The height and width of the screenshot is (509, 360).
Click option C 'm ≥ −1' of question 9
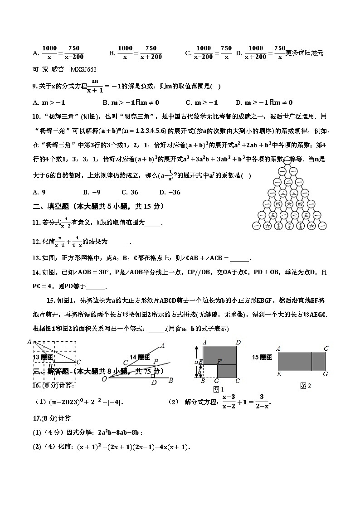tap(202, 102)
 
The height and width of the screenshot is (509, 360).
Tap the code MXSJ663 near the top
tap(83, 69)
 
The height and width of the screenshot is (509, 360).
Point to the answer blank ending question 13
tap(239, 258)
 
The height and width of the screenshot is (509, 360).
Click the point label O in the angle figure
tap(104, 379)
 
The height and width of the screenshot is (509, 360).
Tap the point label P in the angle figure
tap(156, 361)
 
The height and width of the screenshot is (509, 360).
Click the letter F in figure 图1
tap(219, 361)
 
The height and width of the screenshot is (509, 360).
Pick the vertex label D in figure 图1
tap(238, 343)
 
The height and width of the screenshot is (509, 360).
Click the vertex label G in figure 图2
tap(325, 374)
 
